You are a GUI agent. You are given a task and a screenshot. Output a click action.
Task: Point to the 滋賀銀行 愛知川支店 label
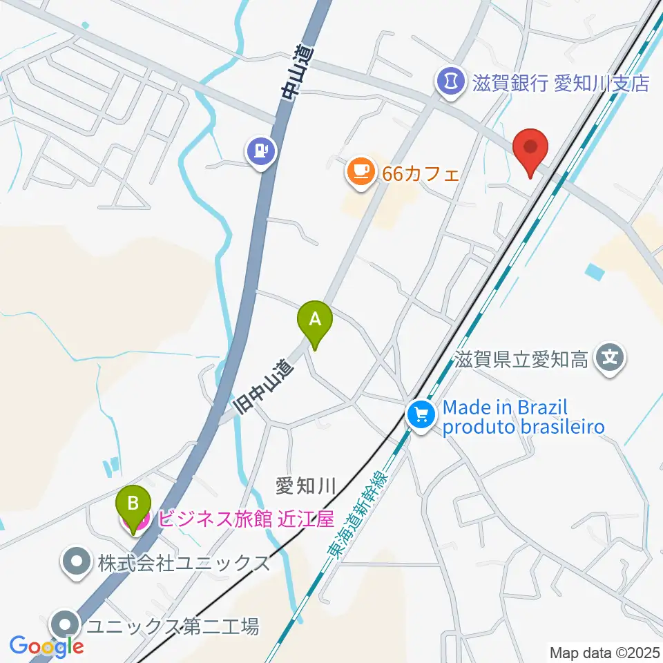point(561,84)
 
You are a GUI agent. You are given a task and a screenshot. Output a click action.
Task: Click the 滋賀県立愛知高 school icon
point(611,358)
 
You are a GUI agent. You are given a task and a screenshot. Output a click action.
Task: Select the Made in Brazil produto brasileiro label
point(523,417)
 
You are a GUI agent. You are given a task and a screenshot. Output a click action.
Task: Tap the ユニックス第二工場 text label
point(173,627)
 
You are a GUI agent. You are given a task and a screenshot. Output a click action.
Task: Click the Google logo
point(46,646)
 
